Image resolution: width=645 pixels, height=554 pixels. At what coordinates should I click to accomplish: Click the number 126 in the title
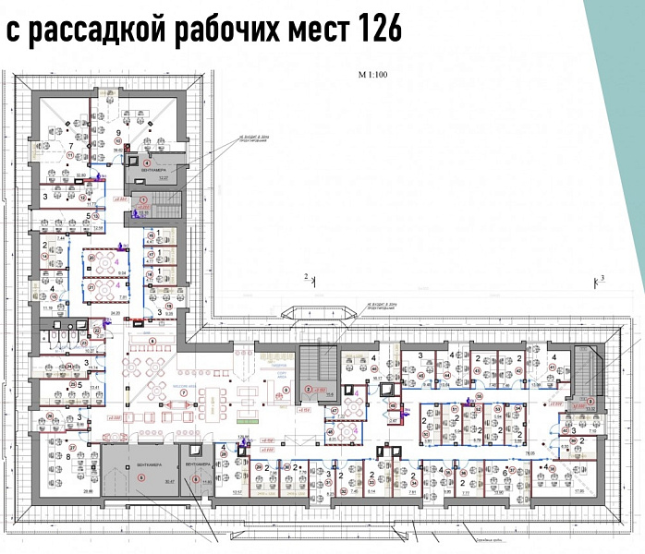tap(375, 30)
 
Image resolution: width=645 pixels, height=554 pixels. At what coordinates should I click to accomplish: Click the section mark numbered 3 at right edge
tap(601, 277)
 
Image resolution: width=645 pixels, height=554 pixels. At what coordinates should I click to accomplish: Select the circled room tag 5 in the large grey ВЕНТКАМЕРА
tap(141, 476)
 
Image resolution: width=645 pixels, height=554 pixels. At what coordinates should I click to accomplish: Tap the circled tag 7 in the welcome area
tap(181, 393)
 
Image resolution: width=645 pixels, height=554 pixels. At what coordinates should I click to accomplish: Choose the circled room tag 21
tap(93, 286)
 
